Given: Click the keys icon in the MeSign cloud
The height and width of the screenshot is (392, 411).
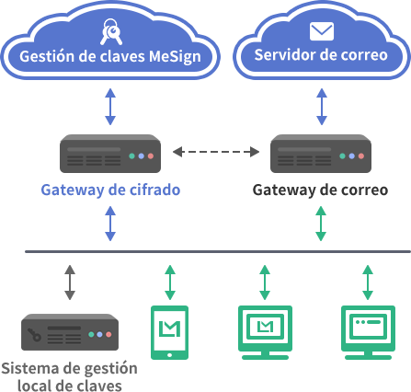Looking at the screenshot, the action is click(111, 31).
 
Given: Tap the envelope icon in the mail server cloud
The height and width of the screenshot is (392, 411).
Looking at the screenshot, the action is click(322, 31).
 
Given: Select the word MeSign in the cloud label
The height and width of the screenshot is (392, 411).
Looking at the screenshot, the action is click(175, 57).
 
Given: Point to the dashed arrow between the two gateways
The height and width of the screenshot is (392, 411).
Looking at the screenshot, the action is click(216, 152).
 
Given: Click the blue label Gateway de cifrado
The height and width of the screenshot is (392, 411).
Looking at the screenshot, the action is click(110, 190).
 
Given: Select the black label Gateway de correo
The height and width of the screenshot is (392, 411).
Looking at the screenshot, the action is click(320, 190).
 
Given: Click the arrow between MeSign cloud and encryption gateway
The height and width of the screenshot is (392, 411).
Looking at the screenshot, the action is click(110, 107).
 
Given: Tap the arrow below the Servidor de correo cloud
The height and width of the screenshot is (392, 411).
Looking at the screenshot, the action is click(322, 107).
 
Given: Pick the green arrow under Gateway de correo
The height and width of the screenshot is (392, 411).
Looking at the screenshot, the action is click(321, 224).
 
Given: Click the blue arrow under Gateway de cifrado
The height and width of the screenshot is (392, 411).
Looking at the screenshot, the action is click(110, 224).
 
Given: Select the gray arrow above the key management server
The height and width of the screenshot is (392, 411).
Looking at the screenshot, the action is click(70, 282).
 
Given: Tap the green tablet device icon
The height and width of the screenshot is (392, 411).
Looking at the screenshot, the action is click(169, 332).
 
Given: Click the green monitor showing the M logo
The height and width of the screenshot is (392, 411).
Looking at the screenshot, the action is click(265, 332).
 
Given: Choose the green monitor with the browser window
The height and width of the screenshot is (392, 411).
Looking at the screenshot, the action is click(368, 332).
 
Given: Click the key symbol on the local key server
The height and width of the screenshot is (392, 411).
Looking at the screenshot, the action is click(34, 335).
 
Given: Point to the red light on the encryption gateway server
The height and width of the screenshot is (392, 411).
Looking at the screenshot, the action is click(151, 156).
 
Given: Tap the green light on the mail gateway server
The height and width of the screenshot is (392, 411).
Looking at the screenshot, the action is click(342, 156).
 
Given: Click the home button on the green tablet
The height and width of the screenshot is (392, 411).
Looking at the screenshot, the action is click(169, 355).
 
